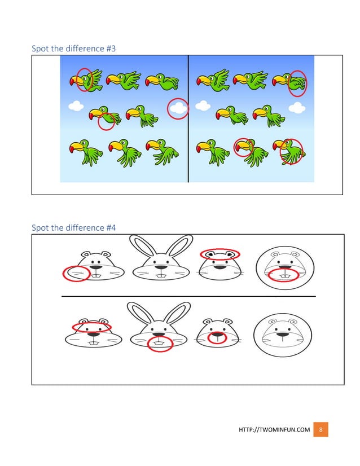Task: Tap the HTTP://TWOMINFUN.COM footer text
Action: coord(274,430)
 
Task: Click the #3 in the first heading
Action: coord(111,49)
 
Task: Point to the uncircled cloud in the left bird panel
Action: coord(75,105)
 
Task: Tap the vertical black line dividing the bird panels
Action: coord(188,118)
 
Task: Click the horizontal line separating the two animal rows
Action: coord(188,296)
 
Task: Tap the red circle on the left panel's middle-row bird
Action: coord(106,121)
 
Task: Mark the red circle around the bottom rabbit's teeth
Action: coord(160,344)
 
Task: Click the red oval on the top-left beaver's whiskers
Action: coord(76,274)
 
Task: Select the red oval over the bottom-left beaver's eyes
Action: coord(91,327)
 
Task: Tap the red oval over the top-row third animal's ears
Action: coord(220,254)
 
